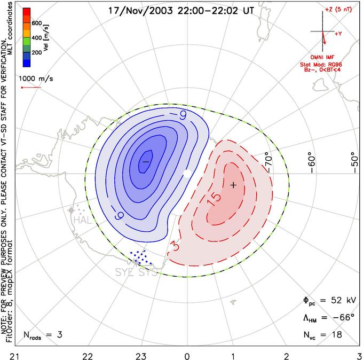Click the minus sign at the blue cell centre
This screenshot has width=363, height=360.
[145, 160]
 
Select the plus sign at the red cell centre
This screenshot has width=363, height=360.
[233, 185]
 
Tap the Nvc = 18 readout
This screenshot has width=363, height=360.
[322, 335]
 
